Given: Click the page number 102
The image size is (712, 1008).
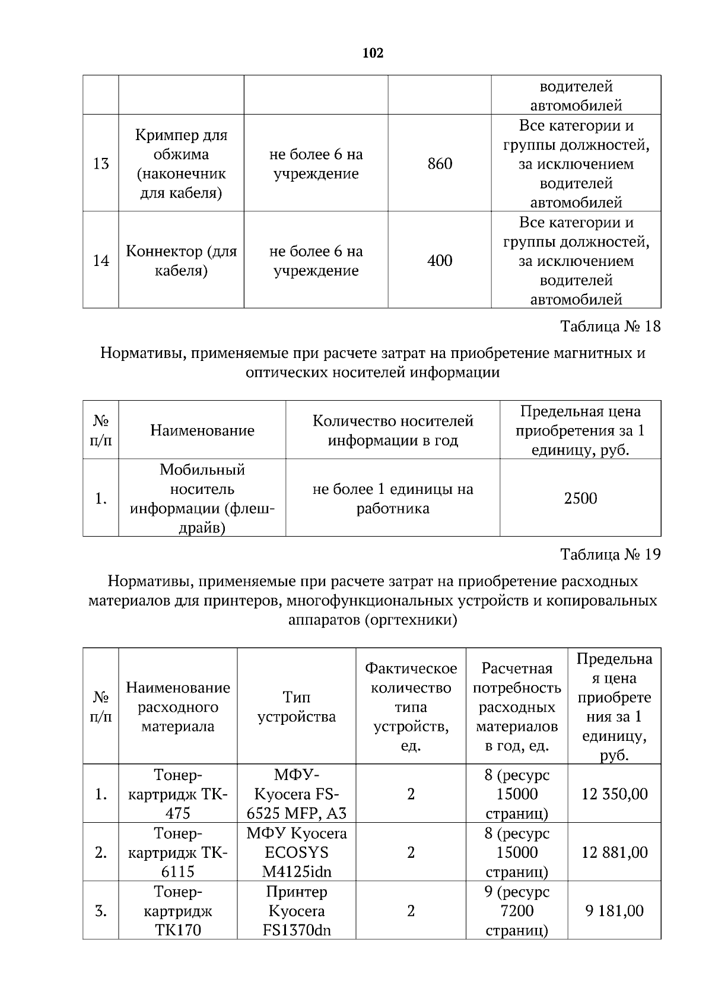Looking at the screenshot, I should (373, 53).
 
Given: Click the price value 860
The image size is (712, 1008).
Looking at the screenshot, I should (440, 164).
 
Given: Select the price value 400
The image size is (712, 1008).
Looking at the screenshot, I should (440, 261).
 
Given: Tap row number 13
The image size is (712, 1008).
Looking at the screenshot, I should (101, 164).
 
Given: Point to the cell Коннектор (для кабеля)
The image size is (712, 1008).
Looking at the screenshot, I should (181, 261).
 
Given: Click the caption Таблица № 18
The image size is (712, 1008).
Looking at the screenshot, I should (610, 327).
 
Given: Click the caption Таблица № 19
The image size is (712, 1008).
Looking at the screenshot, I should (610, 554).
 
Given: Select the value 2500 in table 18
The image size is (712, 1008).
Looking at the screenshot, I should (580, 499).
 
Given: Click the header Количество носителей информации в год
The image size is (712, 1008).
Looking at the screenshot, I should (393, 430).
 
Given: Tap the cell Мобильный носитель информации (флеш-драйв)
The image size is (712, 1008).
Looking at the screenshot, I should (202, 499).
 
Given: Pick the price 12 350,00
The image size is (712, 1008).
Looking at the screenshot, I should (614, 794).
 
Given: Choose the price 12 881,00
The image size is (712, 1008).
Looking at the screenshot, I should (614, 852).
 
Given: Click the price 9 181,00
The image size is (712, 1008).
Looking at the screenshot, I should (614, 911).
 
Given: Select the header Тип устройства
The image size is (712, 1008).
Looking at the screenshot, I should (296, 706).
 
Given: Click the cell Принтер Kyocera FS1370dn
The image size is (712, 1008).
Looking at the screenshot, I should (296, 911).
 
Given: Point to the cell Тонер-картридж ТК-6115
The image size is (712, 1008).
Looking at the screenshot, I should (177, 852).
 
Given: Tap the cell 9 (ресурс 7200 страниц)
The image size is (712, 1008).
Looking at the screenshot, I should (516, 911).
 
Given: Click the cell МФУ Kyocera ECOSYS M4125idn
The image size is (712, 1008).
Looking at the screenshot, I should (296, 852).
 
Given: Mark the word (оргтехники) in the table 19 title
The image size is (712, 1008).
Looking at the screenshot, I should (410, 620).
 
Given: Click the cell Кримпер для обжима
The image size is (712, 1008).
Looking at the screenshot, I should (181, 164).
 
